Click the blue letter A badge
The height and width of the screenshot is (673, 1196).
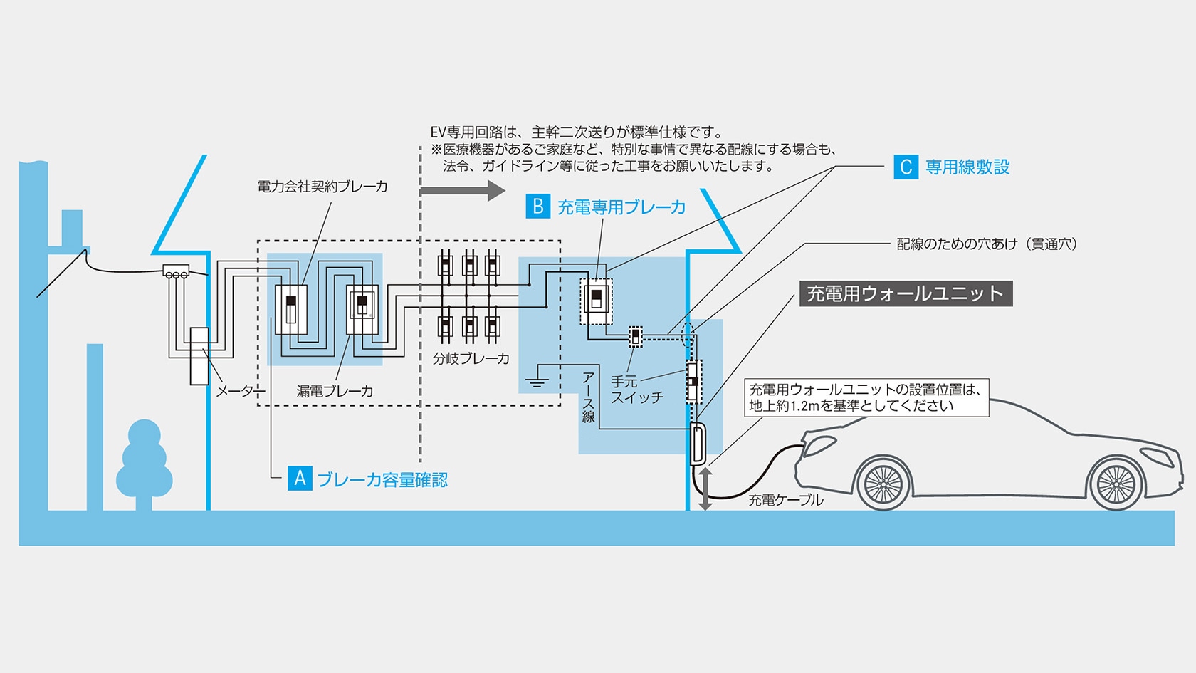click(x=300, y=479)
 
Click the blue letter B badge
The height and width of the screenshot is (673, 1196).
click(x=537, y=207)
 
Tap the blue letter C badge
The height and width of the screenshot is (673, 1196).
click(x=906, y=167)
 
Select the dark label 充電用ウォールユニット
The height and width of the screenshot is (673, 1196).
click(x=905, y=293)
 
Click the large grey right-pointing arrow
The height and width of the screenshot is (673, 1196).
click(x=462, y=190)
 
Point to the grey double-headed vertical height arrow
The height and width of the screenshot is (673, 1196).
click(x=705, y=489)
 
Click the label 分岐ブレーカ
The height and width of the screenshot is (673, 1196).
click(x=471, y=358)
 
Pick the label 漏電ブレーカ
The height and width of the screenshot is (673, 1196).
click(x=335, y=391)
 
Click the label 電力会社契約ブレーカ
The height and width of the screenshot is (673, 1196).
click(x=322, y=187)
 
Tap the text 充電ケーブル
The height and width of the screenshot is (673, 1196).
click(x=785, y=500)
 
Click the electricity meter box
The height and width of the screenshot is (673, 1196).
click(x=199, y=355)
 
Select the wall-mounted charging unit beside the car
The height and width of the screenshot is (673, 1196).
click(x=698, y=444)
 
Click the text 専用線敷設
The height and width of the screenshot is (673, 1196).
click(x=967, y=167)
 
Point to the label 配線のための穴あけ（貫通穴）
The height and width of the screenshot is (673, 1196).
click(x=987, y=244)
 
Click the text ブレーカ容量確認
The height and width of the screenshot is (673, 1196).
click(x=382, y=480)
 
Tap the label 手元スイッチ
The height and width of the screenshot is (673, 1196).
click(x=636, y=390)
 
